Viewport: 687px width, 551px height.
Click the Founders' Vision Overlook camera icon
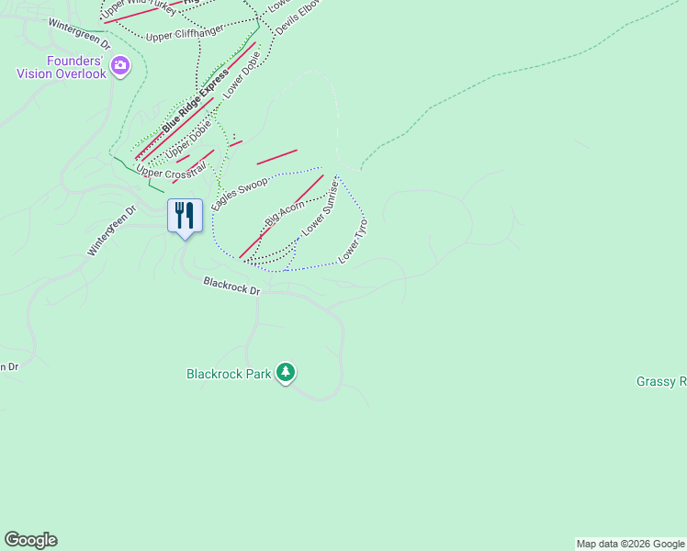tap(120, 65)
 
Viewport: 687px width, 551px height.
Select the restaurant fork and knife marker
tap(185, 216)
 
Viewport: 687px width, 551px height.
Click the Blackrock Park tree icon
tap(287, 372)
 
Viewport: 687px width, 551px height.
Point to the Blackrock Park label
tap(229, 374)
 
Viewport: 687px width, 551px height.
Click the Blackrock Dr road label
tap(231, 287)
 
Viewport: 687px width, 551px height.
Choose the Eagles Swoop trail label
tap(239, 195)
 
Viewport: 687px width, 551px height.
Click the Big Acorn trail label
tap(285, 215)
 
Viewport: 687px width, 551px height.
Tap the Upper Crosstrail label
tap(170, 166)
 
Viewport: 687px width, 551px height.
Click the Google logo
tap(30, 540)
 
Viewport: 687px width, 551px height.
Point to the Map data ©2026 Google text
tap(630, 544)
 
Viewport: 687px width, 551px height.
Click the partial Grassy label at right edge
tap(661, 381)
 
